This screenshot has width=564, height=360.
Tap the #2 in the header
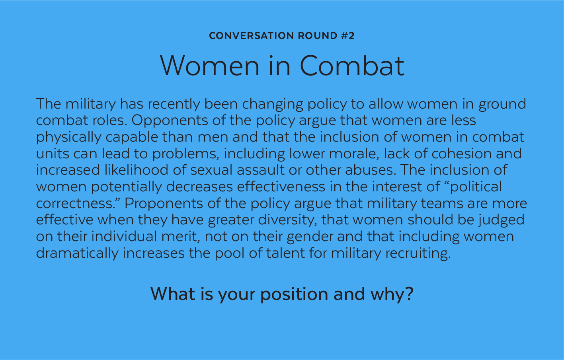pyautogui.click(x=348, y=36)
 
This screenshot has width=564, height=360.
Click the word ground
pyautogui.click(x=502, y=104)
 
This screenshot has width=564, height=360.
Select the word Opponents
pyautogui.click(x=170, y=121)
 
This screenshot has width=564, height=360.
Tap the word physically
pyautogui.click(x=68, y=137)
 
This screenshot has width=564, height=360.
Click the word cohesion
pyautogui.click(x=462, y=154)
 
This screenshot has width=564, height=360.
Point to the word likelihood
pyautogui.click(x=136, y=170)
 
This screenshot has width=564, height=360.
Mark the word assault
pyautogui.click(x=261, y=170)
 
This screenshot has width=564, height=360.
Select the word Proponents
pyautogui.click(x=164, y=203)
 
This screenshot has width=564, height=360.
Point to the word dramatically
pyautogui.click(x=77, y=253)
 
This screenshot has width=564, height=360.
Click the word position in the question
pyautogui.click(x=294, y=294)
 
